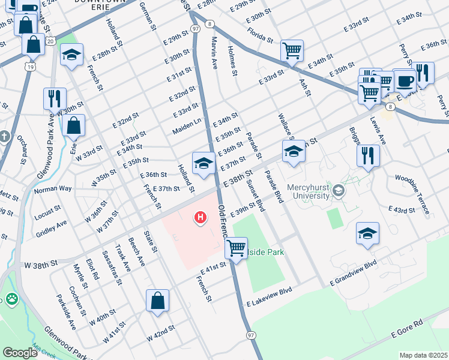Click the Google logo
[x=20, y=353]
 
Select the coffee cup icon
[x=405, y=80]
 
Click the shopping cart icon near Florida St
[x=292, y=52]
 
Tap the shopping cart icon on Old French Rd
[x=237, y=247]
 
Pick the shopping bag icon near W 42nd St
[x=157, y=301]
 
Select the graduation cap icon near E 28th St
[x=72, y=56]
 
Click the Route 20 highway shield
[x=50, y=41]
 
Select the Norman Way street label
[x=52, y=189]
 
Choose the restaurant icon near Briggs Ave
[x=368, y=155]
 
